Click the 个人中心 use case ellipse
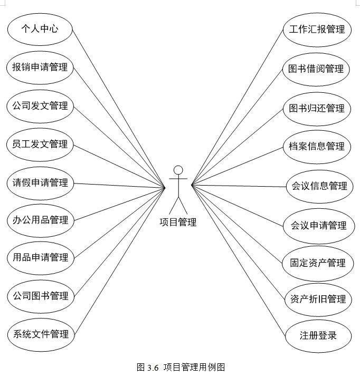(40, 30)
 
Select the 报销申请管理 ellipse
(40, 67)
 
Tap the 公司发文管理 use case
(40, 105)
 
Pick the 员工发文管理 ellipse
(40, 144)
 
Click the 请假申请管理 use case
(40, 182)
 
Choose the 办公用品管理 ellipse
(40, 220)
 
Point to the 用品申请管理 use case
(40, 258)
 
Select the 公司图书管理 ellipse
(40, 296)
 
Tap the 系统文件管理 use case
(40, 334)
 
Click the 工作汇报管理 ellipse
(317, 30)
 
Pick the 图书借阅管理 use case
(317, 69)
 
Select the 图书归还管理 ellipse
(317, 108)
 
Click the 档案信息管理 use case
(317, 146)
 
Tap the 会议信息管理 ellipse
(319, 186)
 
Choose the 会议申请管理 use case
(319, 226)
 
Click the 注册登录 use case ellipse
(318, 335)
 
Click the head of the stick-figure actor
(178, 170)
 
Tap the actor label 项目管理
(178, 223)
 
